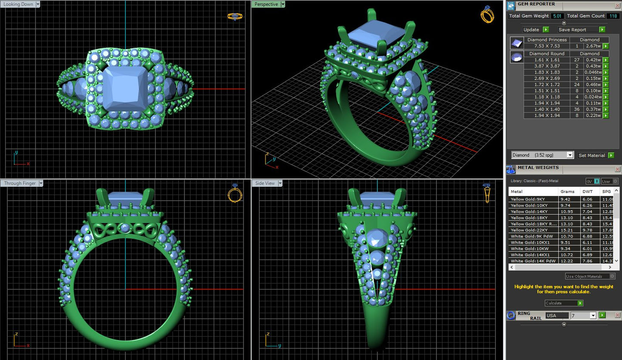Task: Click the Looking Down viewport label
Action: tap(18, 4)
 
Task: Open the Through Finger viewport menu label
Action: tap(20, 183)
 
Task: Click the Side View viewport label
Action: tap(265, 183)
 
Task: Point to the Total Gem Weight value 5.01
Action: tap(557, 16)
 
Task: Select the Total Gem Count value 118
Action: tap(613, 16)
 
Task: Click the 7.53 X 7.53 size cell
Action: tap(547, 46)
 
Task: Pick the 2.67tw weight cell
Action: tap(593, 46)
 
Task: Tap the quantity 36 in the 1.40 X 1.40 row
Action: tap(576, 109)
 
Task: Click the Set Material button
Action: tap(592, 155)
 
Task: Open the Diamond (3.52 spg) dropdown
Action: tap(542, 155)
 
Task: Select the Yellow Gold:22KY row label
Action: tap(529, 230)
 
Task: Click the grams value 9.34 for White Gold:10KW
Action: tap(565, 248)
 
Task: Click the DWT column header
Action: tap(587, 192)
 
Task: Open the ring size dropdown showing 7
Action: tap(583, 316)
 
